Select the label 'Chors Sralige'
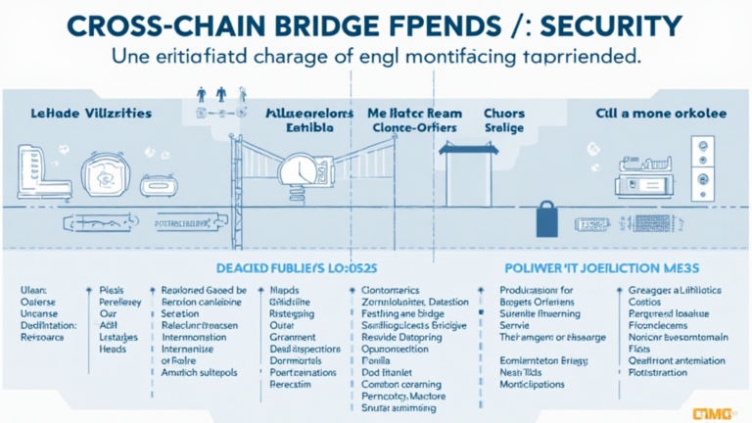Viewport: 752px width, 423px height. coord(504,120)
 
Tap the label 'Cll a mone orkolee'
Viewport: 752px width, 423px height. coord(661,114)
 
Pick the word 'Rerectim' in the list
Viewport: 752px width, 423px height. coord(293,385)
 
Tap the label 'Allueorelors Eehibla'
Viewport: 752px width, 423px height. coord(309,120)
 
